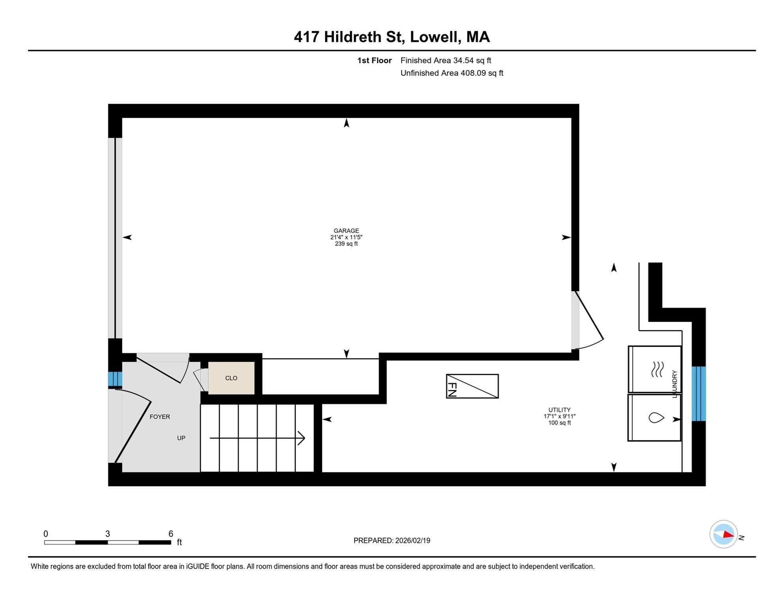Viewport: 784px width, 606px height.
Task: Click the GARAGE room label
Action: click(x=346, y=231)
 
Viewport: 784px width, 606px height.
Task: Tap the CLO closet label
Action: click(x=231, y=378)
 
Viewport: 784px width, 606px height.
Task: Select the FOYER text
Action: click(x=160, y=417)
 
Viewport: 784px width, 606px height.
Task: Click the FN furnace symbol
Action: click(x=472, y=386)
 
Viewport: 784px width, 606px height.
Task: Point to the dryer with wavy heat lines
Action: click(x=655, y=369)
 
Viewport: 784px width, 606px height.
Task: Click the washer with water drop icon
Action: click(x=655, y=417)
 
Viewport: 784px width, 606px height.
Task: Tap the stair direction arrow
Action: click(x=257, y=438)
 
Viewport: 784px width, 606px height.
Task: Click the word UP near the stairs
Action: click(x=181, y=438)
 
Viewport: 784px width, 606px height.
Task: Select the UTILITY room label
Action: click(x=559, y=410)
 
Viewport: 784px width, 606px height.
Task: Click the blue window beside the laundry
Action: click(x=698, y=394)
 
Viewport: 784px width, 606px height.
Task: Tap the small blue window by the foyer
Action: click(x=115, y=379)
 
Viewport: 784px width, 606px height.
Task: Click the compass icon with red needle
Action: click(x=723, y=534)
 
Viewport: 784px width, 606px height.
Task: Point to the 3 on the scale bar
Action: click(x=107, y=534)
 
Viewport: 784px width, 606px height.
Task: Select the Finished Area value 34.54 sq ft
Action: click(x=472, y=60)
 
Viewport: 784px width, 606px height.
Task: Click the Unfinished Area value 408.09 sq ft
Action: click(x=482, y=73)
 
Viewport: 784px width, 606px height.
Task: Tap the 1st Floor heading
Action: click(x=374, y=60)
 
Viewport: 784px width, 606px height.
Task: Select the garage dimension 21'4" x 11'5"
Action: click(x=346, y=237)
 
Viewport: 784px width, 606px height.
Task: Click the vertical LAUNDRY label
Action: click(x=674, y=384)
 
